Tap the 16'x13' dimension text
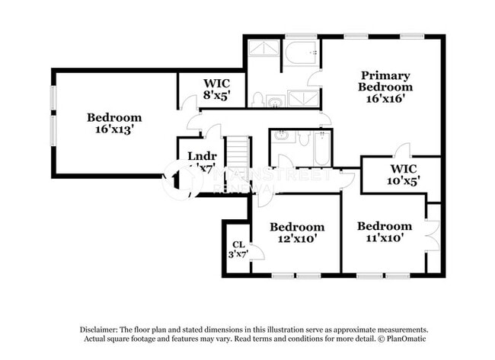point(114,130)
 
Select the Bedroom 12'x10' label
point(297,232)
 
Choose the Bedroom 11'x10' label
point(384,231)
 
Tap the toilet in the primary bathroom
point(259,100)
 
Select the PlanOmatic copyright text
point(395,337)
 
